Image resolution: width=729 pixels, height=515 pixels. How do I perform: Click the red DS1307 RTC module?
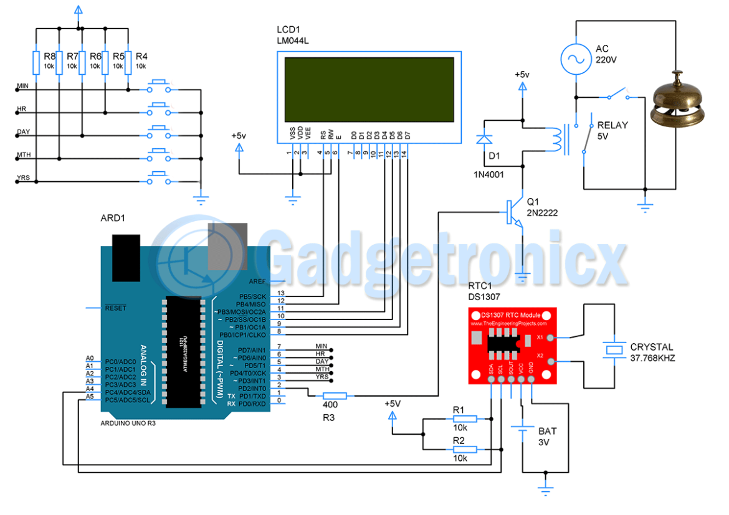tap(512, 346)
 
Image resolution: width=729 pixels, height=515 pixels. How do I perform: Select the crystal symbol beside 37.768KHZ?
tap(615, 350)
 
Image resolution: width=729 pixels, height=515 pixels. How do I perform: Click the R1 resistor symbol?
tap(464, 419)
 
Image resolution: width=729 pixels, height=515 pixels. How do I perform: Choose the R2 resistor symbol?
tap(464, 450)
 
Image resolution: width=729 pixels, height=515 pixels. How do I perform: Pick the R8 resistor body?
tap(36, 62)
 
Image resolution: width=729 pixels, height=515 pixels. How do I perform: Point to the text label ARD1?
tap(113, 219)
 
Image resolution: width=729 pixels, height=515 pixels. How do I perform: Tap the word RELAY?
tap(612, 125)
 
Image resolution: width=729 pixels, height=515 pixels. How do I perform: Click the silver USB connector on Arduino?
tap(222, 247)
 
